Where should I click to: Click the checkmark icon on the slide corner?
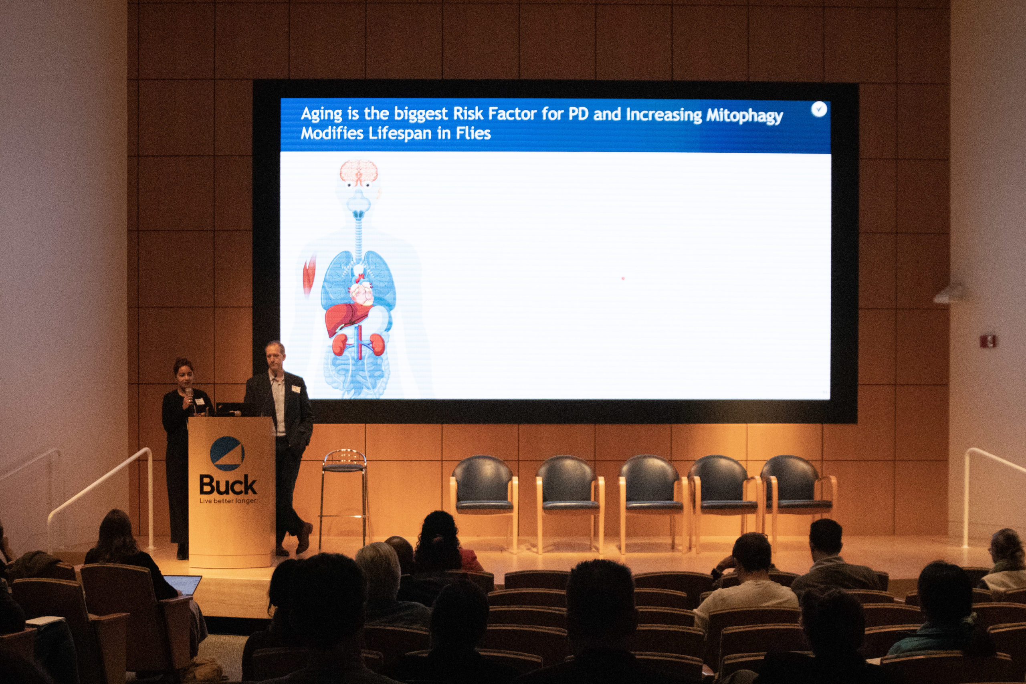(819, 109)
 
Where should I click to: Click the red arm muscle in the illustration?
(309, 275)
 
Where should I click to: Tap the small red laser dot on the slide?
(623, 278)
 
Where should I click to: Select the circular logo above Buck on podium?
(227, 454)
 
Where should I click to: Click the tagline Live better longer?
(228, 501)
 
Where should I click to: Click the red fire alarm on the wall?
(988, 340)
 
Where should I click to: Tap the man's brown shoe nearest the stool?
(305, 538)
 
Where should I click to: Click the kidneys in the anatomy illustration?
(358, 344)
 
